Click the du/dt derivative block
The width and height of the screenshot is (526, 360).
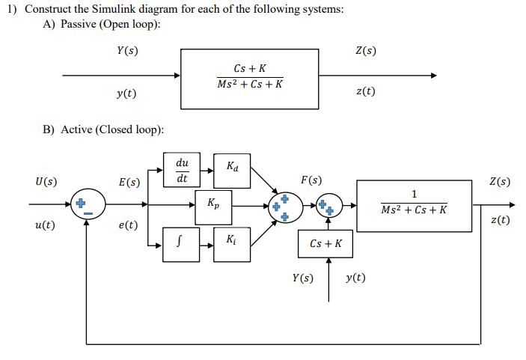click(x=182, y=170)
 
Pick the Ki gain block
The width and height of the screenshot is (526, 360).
click(x=232, y=242)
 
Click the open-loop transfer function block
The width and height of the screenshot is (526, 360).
click(x=249, y=77)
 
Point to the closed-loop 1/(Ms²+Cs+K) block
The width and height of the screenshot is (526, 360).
click(x=414, y=203)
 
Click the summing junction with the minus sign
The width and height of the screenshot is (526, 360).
click(x=87, y=204)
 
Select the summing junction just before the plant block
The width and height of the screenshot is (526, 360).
click(x=328, y=204)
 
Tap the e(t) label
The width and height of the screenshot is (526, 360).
click(x=128, y=225)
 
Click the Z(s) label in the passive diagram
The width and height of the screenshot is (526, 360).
click(x=365, y=51)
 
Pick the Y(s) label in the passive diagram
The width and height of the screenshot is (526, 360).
click(x=126, y=51)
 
